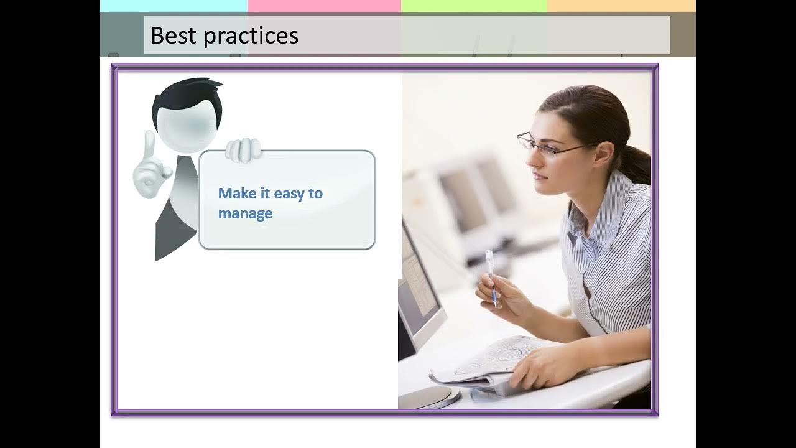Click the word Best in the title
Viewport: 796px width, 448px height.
(174, 35)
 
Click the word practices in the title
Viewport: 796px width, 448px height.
(251, 36)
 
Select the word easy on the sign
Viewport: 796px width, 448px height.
(289, 194)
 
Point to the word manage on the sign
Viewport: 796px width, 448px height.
(245, 214)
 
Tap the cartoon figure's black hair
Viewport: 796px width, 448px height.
(187, 98)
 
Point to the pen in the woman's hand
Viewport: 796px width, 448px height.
(492, 278)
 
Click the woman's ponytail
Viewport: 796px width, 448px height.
(636, 164)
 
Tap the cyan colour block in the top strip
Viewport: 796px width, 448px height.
(174, 6)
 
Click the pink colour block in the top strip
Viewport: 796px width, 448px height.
(325, 6)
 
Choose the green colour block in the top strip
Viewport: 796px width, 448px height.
(474, 6)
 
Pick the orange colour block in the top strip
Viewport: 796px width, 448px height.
(621, 6)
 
